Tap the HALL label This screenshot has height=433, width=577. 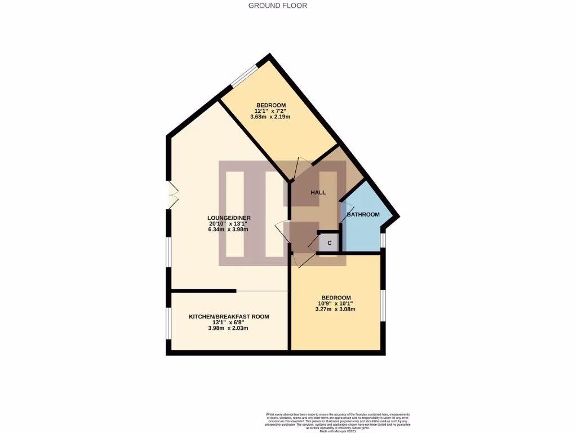(318, 192)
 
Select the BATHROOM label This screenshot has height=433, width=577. (363, 214)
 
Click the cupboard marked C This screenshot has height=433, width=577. (330, 243)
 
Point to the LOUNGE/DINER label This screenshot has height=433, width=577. (229, 218)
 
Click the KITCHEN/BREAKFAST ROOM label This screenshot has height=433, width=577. (229, 317)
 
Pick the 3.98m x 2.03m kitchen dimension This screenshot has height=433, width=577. (229, 328)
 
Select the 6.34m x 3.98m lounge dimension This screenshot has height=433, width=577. (229, 229)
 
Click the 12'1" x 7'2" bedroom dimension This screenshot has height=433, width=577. (271, 111)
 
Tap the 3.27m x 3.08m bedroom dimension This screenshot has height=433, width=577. (336, 309)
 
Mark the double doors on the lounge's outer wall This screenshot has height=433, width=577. (171, 195)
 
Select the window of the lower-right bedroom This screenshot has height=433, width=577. (383, 305)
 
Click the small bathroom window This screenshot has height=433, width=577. (383, 240)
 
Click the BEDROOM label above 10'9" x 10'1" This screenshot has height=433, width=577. (336, 298)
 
